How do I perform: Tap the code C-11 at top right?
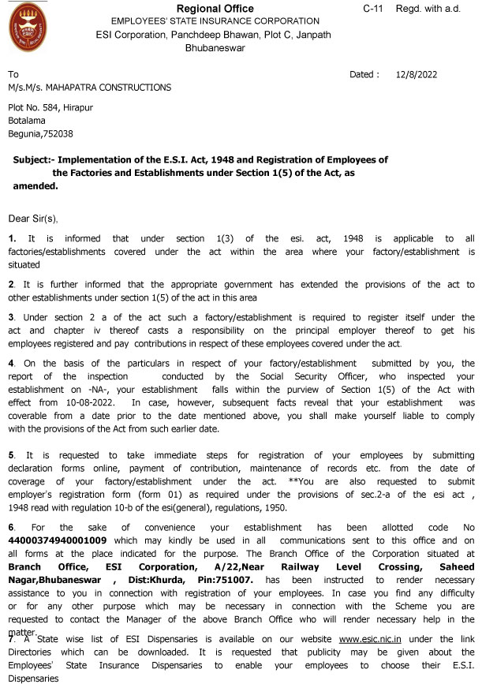click(x=373, y=8)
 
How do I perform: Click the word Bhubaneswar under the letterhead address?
click(x=215, y=48)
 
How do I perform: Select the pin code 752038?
click(x=57, y=134)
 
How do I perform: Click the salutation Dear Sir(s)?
click(x=33, y=218)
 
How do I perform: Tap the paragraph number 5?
click(x=10, y=455)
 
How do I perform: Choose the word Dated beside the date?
click(x=363, y=75)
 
